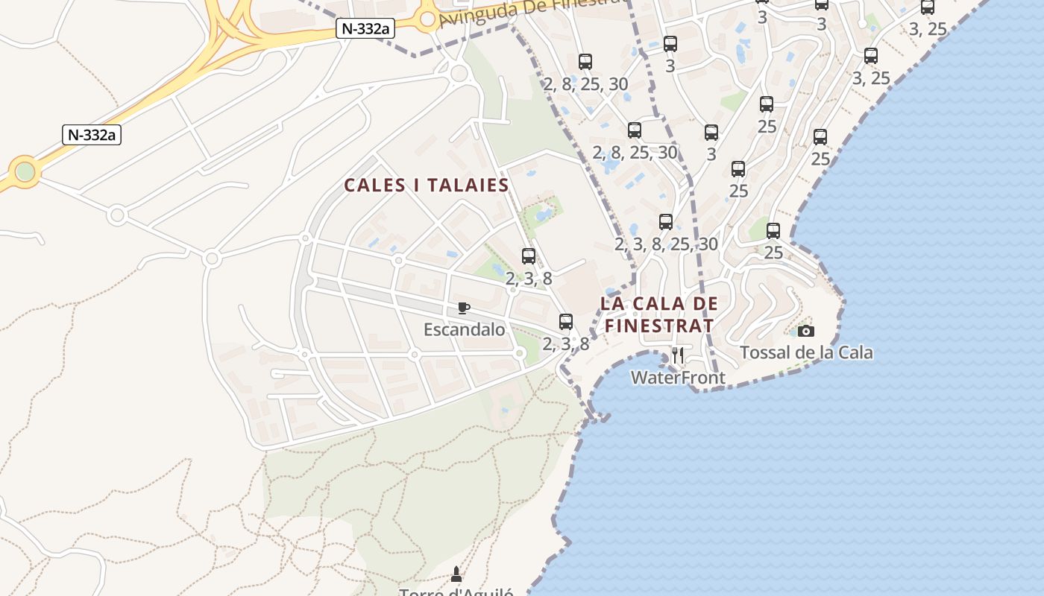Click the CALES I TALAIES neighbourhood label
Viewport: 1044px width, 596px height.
(x=426, y=186)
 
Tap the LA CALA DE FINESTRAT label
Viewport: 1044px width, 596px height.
(x=659, y=314)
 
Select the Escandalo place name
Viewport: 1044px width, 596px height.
(x=464, y=329)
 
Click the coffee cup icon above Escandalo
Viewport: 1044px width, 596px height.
(x=464, y=308)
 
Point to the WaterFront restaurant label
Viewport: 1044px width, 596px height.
(x=678, y=378)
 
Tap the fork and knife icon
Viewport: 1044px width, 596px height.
(x=678, y=355)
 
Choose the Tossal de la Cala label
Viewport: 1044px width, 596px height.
(x=806, y=352)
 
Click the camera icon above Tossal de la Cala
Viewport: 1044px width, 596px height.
(x=806, y=331)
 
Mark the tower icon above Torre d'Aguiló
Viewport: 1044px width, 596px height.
(x=456, y=574)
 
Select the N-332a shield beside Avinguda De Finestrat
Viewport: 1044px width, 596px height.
(x=366, y=29)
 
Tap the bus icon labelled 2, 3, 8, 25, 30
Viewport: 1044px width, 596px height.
(x=666, y=222)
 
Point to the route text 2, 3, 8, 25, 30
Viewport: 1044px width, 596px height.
(x=666, y=244)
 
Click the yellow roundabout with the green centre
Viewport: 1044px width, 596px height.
(x=25, y=172)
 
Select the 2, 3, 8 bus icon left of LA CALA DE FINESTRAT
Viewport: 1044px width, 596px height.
(x=566, y=322)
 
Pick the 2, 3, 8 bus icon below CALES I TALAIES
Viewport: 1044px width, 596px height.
(x=529, y=256)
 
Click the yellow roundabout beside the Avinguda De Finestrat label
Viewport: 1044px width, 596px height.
(x=427, y=19)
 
